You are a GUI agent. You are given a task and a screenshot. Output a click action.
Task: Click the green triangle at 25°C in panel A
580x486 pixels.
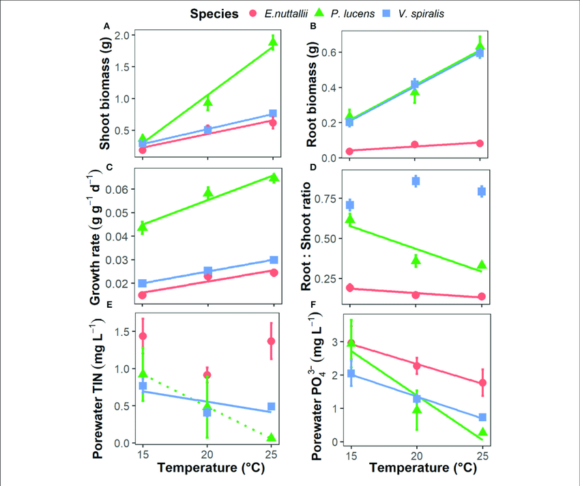click(x=274, y=42)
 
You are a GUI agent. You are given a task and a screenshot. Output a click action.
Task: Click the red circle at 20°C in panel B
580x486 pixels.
click(x=415, y=145)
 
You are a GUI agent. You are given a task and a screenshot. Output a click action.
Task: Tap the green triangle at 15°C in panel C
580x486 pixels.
click(x=142, y=225)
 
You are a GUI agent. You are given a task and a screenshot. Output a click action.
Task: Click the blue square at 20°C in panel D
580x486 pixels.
click(x=415, y=181)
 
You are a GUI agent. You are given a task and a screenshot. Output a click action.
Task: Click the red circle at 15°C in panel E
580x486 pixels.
click(x=142, y=336)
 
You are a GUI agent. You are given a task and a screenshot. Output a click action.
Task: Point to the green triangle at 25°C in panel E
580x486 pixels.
click(x=274, y=438)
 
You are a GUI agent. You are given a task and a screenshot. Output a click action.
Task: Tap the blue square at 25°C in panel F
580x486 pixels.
click(x=482, y=417)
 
